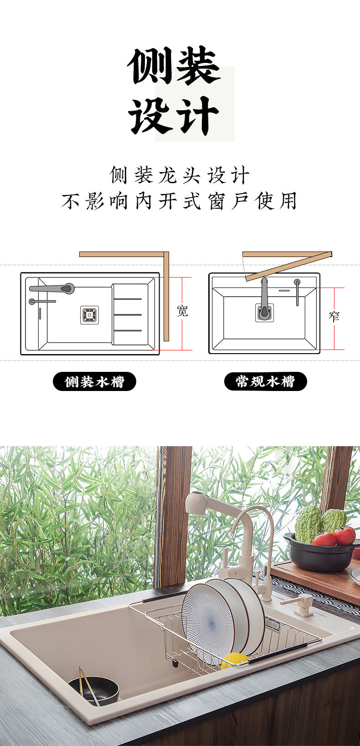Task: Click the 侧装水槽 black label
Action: (x=94, y=381)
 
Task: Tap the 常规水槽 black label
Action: (x=265, y=381)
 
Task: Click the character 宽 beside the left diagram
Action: (x=182, y=311)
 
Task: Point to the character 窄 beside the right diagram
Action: (x=334, y=316)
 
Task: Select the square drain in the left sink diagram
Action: (x=89, y=315)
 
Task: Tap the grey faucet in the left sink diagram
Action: (x=52, y=288)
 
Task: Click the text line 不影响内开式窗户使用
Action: (x=180, y=201)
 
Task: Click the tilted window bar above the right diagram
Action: (x=288, y=265)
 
